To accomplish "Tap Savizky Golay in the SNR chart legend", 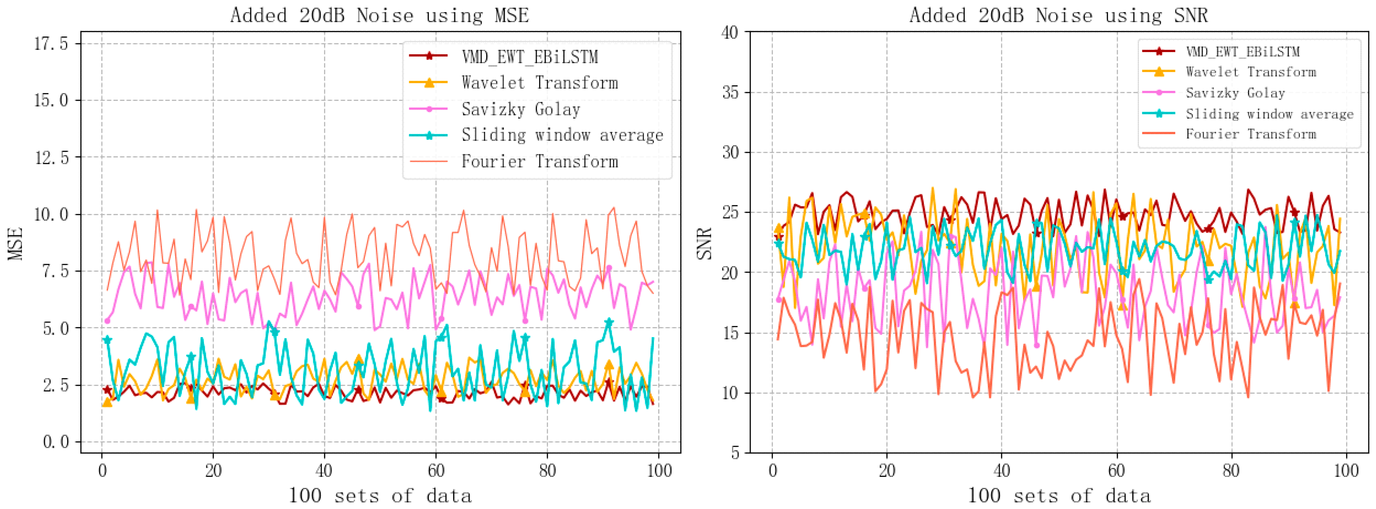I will coord(1235,93).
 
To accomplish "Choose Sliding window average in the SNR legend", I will coord(1269,114).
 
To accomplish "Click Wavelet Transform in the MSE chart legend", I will coord(540,83).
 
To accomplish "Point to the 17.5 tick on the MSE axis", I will coord(51,43).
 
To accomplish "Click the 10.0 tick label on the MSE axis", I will coord(51,214).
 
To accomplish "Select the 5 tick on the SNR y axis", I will coord(735,453).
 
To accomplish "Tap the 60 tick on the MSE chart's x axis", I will coord(436,470).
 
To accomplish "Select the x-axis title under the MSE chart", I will coord(380,496).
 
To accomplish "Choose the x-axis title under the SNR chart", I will coord(1059,496).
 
